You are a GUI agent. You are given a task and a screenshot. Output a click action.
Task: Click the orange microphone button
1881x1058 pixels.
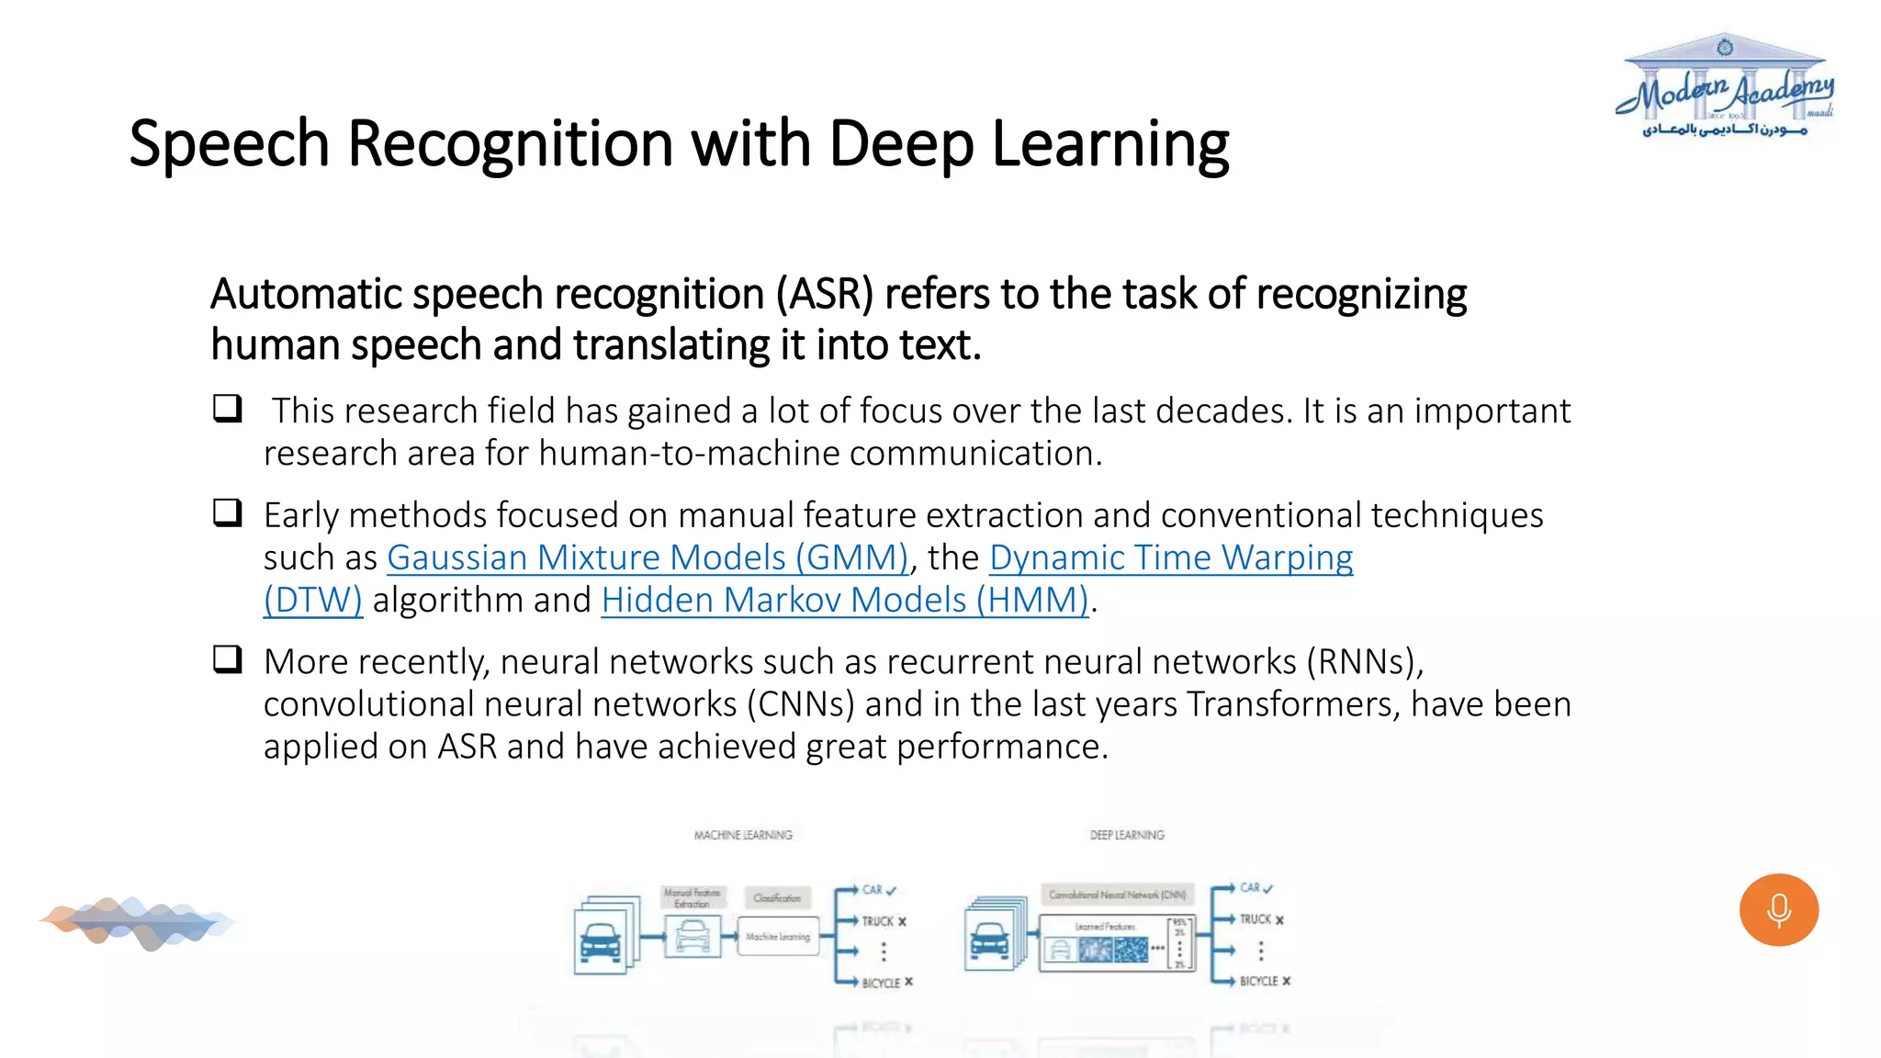point(1778,909)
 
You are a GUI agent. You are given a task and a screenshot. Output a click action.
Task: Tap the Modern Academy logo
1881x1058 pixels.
point(1725,87)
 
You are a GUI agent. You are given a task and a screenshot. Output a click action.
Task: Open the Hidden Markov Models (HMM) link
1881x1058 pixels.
point(845,600)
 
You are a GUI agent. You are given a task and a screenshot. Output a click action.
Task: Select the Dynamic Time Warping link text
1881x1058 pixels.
point(1170,557)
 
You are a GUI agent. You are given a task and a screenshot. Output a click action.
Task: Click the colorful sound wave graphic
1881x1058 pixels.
point(138,922)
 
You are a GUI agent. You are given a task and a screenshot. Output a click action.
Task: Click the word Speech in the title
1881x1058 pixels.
point(229,144)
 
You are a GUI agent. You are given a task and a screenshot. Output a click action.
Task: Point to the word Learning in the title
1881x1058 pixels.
point(1109,144)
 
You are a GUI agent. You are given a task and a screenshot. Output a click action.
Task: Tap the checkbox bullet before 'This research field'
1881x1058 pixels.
point(228,408)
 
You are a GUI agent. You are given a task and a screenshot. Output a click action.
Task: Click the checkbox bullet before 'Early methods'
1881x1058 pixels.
point(228,512)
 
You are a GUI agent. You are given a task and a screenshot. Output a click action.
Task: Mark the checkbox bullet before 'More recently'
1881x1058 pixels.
point(228,658)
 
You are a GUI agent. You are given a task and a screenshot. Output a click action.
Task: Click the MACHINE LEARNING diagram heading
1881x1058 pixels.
point(743,835)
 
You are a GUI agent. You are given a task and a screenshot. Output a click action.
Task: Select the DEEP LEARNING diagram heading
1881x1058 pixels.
point(1127,835)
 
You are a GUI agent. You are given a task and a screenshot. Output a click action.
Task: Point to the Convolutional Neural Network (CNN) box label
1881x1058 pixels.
point(1117,895)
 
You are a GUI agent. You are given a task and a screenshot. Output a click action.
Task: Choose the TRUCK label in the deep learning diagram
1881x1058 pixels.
point(1256,919)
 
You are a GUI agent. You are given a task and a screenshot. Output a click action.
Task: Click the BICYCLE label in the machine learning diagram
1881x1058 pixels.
point(881,983)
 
